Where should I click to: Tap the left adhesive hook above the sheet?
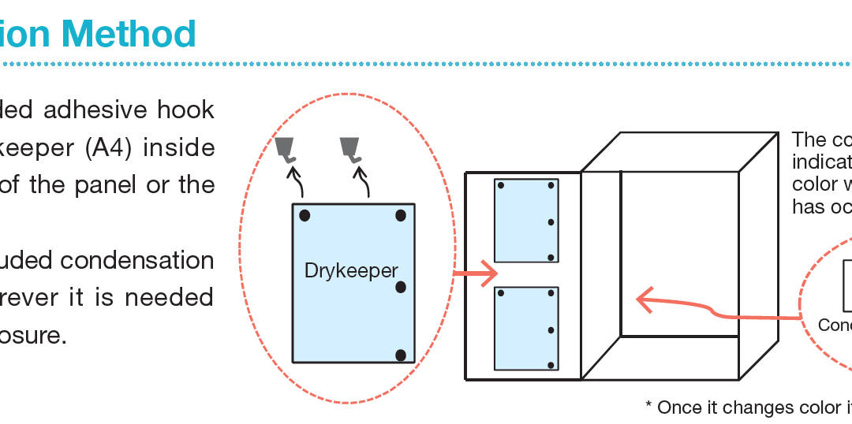[286, 149]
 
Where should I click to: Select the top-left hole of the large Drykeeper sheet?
[305, 215]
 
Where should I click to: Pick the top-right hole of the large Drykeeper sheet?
[401, 215]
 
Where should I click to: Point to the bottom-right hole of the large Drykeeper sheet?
[401, 355]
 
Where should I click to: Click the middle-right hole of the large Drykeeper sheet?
[401, 287]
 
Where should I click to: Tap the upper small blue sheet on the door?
[526, 221]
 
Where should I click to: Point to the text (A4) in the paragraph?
[105, 147]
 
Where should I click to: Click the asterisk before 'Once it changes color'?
[649, 405]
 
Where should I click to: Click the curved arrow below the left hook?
[297, 186]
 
